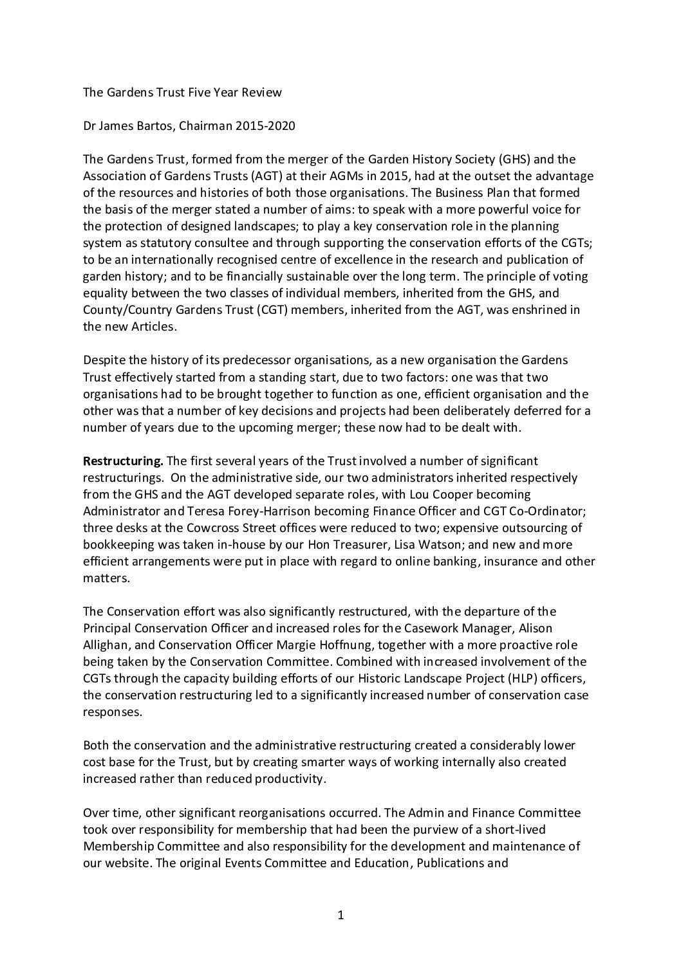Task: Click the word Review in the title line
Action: pos(261,92)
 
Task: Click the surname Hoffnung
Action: pos(351,645)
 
